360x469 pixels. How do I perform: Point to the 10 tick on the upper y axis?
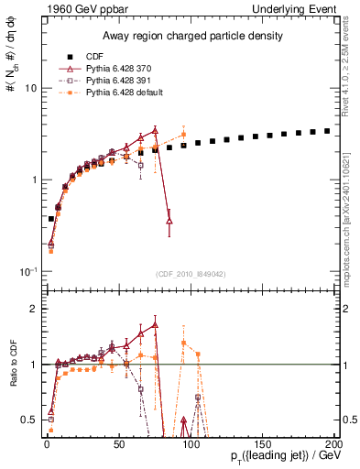(x=29, y=89)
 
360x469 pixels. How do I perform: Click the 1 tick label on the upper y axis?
(x=32, y=180)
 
